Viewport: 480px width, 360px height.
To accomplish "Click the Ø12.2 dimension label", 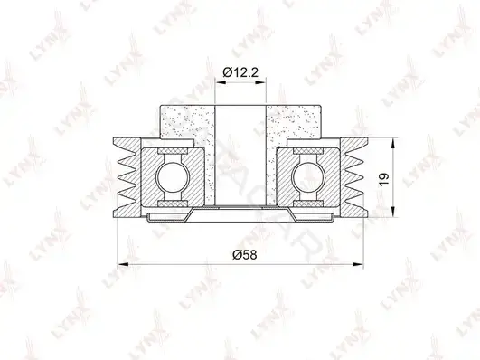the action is (x=240, y=72).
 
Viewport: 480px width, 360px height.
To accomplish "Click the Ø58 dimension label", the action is (x=244, y=254).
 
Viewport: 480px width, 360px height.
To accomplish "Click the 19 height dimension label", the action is (x=384, y=178).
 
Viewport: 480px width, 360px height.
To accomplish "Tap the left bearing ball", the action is (x=173, y=177).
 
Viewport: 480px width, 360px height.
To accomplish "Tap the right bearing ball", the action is (x=308, y=177).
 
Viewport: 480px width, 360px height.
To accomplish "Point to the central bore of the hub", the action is (x=240, y=155).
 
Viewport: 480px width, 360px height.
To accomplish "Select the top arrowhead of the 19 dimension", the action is (x=392, y=143).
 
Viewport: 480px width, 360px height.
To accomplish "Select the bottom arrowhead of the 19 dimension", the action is (x=392, y=212).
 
